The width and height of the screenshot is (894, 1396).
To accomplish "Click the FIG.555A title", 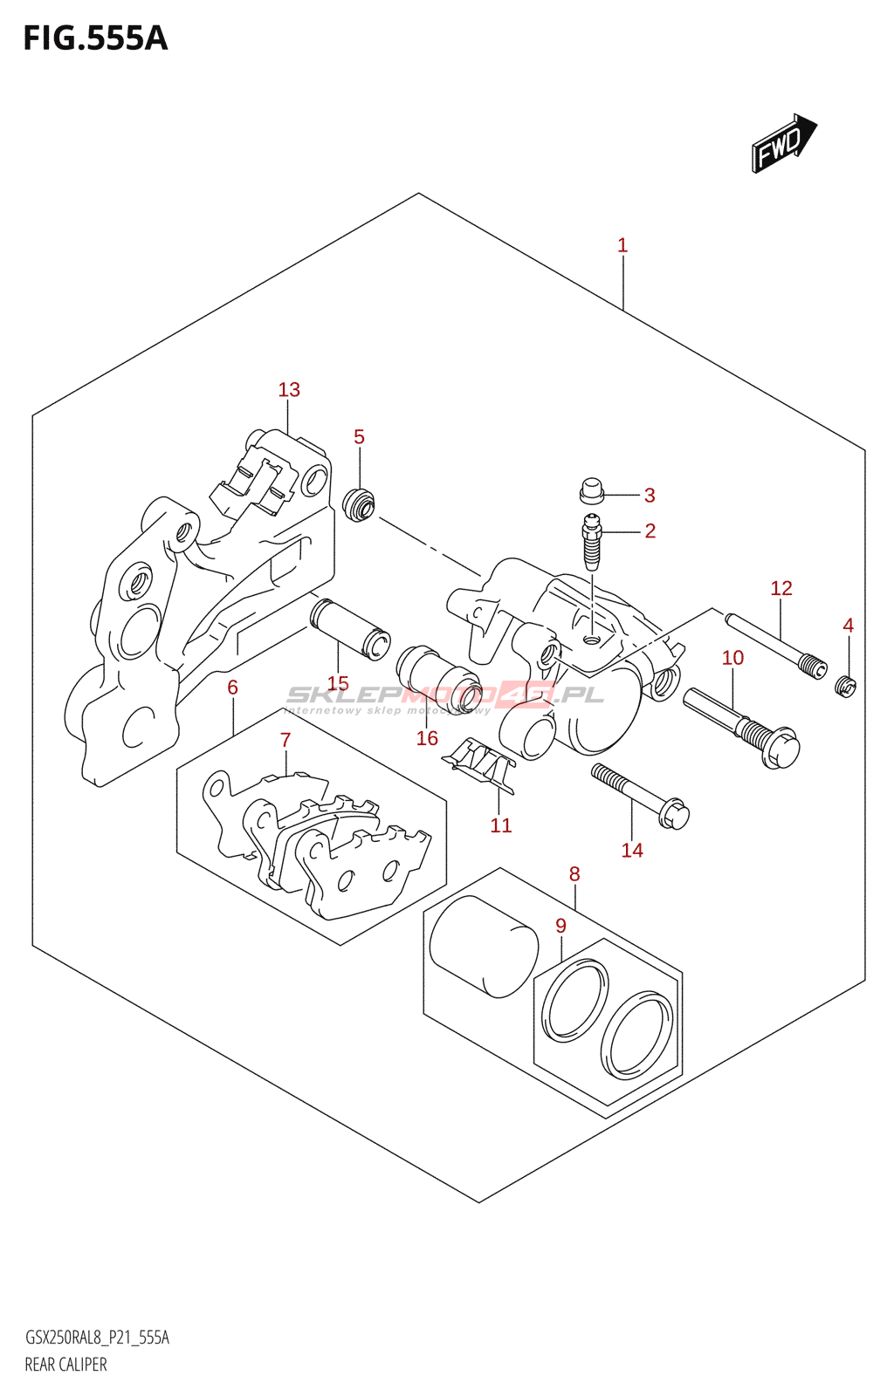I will pos(95,39).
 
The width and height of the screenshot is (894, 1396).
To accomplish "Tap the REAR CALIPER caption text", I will pos(65,1365).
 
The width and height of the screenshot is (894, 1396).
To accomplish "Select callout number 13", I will pos(289,390).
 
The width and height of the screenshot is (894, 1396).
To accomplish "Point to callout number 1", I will pos(622,246).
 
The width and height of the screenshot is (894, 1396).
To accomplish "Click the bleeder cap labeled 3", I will pos(592,491).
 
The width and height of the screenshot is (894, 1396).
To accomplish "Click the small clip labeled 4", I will pos(845,687).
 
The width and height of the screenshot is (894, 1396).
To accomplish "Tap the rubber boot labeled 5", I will pos(359,505).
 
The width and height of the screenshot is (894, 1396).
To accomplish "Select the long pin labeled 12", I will pos(774,646).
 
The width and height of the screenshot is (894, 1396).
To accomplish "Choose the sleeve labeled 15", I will pos(350,630).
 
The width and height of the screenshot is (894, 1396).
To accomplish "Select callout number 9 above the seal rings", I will pos(560,927).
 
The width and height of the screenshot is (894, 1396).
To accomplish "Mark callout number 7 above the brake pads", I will pos(285,741).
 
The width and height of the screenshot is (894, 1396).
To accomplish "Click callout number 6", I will pos(232,688).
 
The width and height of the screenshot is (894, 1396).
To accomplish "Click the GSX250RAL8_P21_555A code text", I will pos(97,1338).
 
